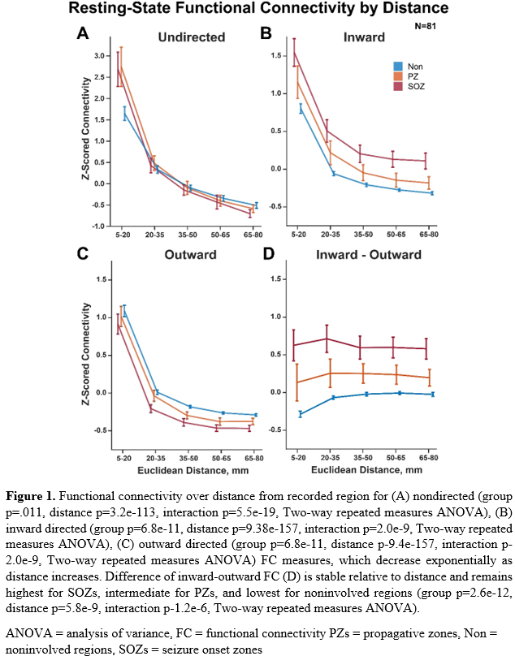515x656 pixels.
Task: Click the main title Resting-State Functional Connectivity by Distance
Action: click(257, 11)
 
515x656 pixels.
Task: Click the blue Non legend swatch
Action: click(397, 67)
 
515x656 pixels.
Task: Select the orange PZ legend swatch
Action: click(397, 76)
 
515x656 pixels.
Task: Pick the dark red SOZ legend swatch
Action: click(397, 86)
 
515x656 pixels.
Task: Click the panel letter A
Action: click(83, 34)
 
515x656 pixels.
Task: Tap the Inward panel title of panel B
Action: click(364, 37)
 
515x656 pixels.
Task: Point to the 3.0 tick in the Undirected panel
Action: click(100, 56)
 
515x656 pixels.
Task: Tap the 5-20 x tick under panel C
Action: click(123, 458)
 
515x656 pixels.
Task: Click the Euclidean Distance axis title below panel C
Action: click(186, 470)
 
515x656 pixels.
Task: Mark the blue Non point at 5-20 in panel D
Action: click(300, 414)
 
